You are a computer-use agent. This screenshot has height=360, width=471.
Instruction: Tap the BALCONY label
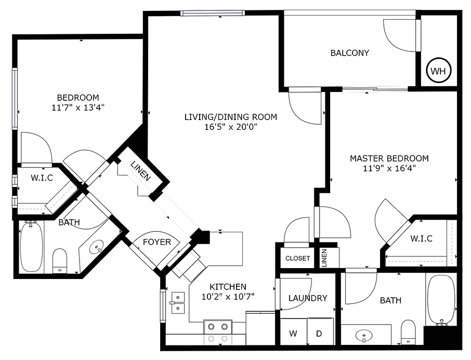(x=350, y=52)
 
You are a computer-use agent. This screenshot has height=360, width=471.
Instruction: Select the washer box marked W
(x=293, y=334)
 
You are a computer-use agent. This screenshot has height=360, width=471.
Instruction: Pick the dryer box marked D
(x=319, y=334)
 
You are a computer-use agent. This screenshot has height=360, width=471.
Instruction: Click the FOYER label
(x=157, y=242)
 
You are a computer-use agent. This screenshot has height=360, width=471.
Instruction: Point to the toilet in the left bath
(x=61, y=260)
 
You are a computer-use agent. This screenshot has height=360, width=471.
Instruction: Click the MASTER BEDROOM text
(x=389, y=158)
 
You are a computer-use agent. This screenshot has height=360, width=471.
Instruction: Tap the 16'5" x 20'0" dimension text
(x=231, y=127)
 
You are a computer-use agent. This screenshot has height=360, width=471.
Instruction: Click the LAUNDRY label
(x=308, y=298)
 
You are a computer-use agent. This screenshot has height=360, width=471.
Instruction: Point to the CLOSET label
(x=298, y=258)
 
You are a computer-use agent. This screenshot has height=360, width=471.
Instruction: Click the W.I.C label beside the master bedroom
(x=421, y=238)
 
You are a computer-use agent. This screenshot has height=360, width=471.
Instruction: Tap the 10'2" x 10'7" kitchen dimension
(x=228, y=297)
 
